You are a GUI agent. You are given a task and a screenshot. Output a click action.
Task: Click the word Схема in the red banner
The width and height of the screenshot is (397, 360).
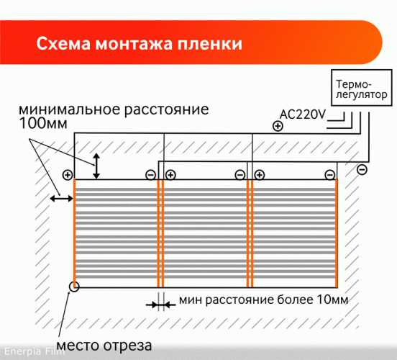pyautogui.click(x=63, y=44)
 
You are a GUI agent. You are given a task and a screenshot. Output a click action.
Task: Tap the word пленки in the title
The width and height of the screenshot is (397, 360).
pyautogui.click(x=209, y=44)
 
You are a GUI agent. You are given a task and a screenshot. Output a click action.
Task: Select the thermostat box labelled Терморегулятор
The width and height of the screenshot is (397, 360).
pyautogui.click(x=362, y=88)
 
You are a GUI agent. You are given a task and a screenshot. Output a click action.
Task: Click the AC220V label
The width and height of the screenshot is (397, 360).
pyautogui.click(x=302, y=114)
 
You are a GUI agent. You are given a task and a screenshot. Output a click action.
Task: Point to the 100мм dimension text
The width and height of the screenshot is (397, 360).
pyautogui.click(x=43, y=123)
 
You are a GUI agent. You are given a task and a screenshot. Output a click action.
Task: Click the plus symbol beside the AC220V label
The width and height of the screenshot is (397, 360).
pyautogui.click(x=278, y=126)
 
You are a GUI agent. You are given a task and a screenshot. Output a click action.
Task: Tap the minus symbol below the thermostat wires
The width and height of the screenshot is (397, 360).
pyautogui.click(x=362, y=169)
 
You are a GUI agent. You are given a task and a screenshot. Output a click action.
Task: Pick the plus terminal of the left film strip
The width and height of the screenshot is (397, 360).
pyautogui.click(x=68, y=175)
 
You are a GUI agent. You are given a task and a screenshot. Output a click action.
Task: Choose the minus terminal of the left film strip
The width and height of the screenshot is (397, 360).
pyautogui.click(x=150, y=175)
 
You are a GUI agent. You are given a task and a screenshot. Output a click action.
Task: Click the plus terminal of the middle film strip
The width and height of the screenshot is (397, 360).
pyautogui.click(x=170, y=175)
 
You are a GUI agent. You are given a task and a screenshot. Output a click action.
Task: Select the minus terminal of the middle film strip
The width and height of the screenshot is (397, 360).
pyautogui.click(x=239, y=175)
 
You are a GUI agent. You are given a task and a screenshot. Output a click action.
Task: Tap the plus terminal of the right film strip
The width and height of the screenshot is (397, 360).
pyautogui.click(x=259, y=175)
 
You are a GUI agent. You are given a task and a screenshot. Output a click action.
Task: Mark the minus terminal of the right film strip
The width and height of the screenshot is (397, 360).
pyautogui.click(x=329, y=175)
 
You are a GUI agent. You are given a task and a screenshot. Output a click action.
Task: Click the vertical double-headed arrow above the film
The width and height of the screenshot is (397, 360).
pyautogui.click(x=96, y=166)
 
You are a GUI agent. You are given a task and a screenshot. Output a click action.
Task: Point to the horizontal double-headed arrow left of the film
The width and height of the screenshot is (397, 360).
pyautogui.click(x=62, y=199)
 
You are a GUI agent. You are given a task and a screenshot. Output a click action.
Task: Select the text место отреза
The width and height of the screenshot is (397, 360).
pyautogui.click(x=104, y=346)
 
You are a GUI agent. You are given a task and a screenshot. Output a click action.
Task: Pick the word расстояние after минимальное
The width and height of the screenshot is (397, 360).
pyautogui.click(x=166, y=110)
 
